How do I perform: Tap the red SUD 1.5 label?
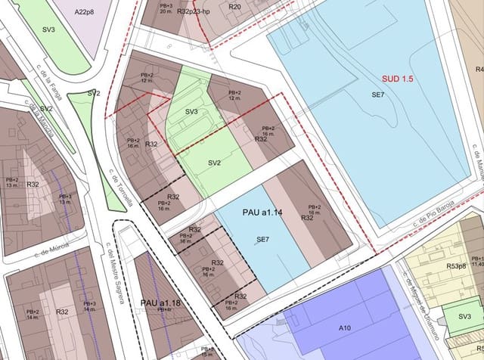click(x=398, y=79)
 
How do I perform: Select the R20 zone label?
click(x=235, y=7)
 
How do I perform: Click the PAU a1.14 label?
click(x=262, y=213)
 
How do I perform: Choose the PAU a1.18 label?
click(x=160, y=303)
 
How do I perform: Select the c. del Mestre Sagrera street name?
click(x=115, y=273)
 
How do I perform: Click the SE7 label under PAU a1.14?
click(x=263, y=239)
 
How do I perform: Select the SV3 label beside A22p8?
click(x=49, y=29)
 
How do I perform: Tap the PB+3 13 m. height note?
click(x=65, y=200)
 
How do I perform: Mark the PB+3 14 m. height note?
click(x=89, y=306)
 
